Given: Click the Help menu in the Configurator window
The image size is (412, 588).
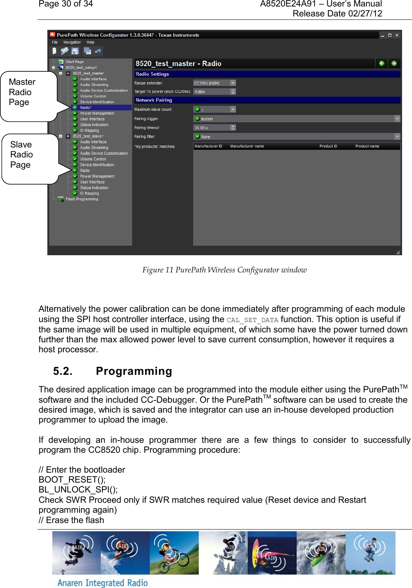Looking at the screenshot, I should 90,42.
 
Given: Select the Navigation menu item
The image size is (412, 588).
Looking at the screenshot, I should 72,42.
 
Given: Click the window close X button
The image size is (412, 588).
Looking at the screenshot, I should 397,35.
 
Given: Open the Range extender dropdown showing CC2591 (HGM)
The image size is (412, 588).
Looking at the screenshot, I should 233,83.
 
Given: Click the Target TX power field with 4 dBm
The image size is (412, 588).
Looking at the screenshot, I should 212,92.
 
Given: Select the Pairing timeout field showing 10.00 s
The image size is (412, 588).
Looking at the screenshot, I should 212,128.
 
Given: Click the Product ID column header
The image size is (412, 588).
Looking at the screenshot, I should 328,146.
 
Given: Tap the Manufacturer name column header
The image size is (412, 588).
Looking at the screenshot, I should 247,146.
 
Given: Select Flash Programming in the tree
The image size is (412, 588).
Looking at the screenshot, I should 82,199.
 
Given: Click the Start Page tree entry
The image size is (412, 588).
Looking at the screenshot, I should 74,62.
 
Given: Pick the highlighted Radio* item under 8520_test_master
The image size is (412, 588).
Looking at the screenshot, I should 86,108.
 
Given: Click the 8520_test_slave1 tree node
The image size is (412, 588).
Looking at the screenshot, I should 88,136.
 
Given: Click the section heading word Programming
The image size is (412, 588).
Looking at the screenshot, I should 134,371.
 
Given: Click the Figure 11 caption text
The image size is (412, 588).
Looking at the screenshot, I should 224,270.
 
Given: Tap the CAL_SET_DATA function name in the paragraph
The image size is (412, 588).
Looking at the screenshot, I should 252,320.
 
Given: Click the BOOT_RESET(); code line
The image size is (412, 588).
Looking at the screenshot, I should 72,479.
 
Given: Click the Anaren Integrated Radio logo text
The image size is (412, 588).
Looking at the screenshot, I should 102,583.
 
